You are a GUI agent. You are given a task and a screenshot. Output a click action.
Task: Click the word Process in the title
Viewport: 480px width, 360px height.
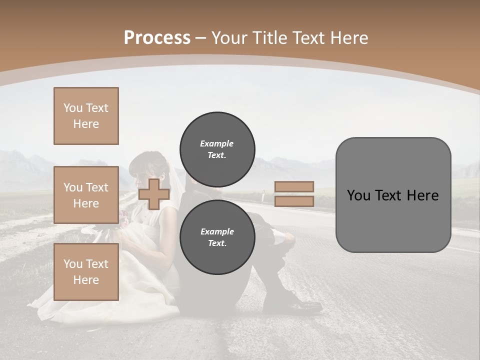tap(157, 37)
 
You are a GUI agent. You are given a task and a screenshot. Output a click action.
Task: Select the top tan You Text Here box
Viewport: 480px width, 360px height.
tap(86, 116)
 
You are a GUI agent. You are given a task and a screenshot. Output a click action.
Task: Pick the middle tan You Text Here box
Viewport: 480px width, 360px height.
tap(86, 195)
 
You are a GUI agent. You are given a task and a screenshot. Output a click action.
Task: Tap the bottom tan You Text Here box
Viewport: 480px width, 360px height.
tap(86, 272)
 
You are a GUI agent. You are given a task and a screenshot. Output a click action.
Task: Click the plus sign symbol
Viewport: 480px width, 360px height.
tap(153, 194)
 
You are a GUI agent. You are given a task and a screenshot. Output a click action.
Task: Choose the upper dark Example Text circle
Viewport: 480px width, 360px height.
tap(217, 149)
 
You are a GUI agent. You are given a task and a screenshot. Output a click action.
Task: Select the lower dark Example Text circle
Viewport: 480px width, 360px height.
tap(217, 237)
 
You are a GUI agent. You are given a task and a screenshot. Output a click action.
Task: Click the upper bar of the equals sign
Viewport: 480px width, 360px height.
tap(294, 186)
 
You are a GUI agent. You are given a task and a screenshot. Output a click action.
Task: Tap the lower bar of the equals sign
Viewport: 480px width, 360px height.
tap(294, 201)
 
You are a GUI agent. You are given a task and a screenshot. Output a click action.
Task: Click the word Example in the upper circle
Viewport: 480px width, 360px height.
tap(217, 143)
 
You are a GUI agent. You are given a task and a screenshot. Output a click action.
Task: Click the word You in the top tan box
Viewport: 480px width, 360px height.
tap(72, 108)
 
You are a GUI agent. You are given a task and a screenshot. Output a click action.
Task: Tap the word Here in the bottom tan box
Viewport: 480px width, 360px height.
tap(86, 280)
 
